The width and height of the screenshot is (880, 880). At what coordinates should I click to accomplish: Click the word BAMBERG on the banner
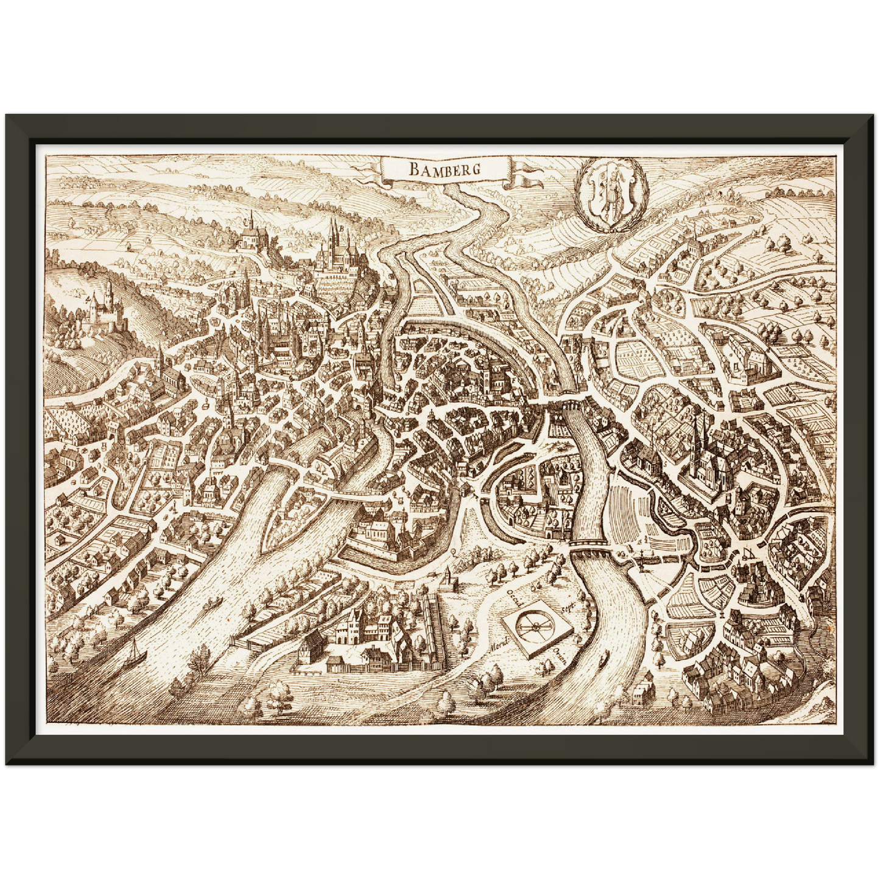444,169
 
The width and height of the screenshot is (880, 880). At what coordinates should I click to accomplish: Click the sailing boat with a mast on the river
135,655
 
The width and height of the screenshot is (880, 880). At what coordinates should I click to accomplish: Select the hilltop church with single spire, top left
250,234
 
